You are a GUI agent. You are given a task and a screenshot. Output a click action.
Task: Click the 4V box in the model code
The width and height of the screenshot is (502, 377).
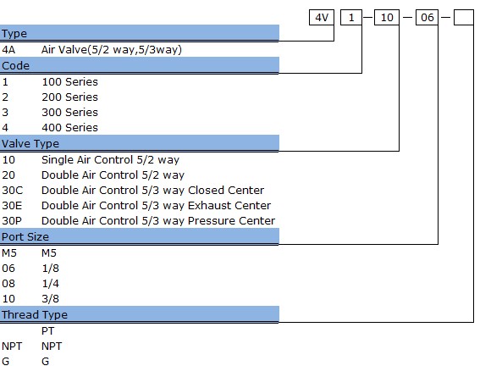pos(322,17)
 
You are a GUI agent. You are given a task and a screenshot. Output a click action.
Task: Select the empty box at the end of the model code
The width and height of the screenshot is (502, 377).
pos(464,17)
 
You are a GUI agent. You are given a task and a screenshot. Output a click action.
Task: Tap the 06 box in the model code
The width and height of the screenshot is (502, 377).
pos(428,17)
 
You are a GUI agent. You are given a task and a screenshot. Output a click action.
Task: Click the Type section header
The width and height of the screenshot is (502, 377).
pos(14,33)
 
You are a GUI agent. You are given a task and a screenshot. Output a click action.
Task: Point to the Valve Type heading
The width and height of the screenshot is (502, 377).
pos(30,143)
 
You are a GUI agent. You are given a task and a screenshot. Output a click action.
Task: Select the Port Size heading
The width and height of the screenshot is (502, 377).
pos(25,236)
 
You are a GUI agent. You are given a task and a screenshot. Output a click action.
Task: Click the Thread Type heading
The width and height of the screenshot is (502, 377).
pos(34,314)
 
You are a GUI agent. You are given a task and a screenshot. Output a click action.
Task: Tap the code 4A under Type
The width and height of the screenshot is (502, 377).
pos(8,50)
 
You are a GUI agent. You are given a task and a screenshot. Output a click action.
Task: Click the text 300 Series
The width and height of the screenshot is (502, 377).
pos(69,112)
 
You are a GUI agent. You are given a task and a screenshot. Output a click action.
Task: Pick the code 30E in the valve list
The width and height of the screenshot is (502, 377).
pos(12,205)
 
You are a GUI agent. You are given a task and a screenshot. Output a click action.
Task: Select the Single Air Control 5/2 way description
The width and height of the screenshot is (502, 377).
pos(110,159)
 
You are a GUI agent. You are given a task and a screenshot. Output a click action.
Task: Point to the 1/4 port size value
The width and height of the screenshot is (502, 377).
pos(50,284)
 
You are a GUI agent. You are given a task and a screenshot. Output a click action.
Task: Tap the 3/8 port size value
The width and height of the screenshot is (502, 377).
pos(50,298)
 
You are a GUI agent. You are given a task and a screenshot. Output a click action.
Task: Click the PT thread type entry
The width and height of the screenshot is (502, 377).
pos(47,331)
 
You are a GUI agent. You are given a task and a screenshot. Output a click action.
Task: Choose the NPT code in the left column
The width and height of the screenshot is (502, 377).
pos(12,346)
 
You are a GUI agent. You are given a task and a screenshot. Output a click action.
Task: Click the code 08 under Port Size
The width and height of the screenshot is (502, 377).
pos(8,284)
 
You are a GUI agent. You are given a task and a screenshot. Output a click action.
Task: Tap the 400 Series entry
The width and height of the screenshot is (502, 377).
pos(69,127)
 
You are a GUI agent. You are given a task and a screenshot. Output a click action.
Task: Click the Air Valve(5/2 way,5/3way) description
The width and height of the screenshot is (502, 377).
pos(112,50)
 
